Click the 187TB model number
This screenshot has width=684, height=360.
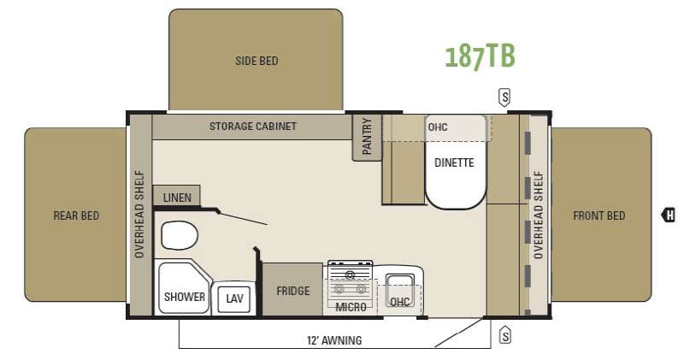(480, 56)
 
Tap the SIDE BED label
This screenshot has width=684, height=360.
(256, 61)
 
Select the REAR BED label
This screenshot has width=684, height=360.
(76, 215)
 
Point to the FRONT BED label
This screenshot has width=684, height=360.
(599, 215)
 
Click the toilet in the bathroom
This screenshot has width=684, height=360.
(180, 235)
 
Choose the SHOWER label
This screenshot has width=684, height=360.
(185, 297)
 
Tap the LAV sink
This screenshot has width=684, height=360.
(233, 298)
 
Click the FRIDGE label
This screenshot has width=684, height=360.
(293, 291)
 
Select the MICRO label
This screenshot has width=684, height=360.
(351, 307)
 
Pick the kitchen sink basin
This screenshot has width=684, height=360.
(400, 286)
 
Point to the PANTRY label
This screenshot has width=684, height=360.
(368, 136)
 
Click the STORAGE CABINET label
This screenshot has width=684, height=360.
(253, 127)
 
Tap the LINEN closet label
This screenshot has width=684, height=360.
(177, 198)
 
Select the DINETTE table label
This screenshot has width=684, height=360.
(454, 162)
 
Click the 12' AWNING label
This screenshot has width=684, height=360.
(334, 340)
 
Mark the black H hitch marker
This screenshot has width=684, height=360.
(669, 215)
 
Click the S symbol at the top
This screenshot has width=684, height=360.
(504, 97)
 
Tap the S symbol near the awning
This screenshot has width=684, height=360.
(505, 336)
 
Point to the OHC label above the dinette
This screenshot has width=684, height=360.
(438, 127)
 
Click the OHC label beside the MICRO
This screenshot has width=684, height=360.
(399, 302)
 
